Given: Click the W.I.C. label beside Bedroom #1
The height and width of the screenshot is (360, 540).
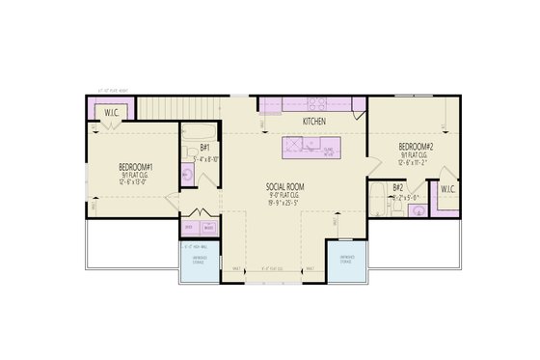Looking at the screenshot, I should point(113,114).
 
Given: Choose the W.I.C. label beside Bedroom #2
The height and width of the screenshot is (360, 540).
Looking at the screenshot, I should point(447,189).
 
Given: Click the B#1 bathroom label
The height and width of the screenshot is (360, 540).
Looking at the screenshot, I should point(204,148).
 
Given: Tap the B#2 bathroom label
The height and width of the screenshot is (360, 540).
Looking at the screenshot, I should point(399,187).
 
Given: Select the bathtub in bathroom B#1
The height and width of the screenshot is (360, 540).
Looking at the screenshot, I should point(202,132).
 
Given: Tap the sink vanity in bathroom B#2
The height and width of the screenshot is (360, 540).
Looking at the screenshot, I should point(416,213).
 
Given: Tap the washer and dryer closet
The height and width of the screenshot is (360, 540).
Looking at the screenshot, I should point(200,228).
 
